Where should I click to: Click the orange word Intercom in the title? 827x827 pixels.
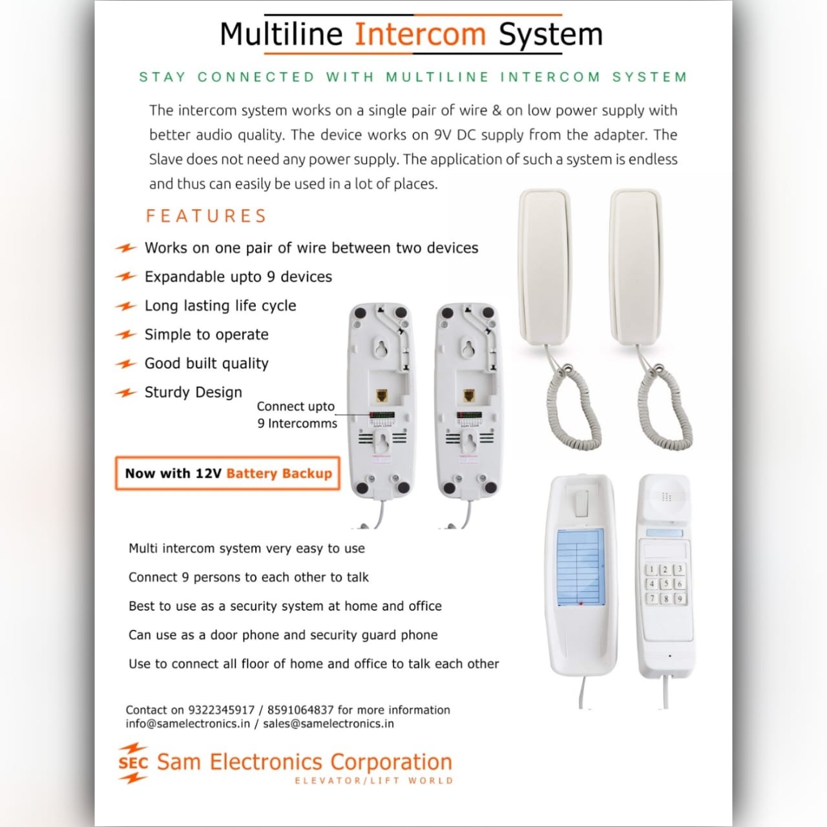(x=420, y=34)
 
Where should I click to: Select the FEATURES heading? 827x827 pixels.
(x=207, y=216)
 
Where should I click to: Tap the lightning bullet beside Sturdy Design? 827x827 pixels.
(x=126, y=392)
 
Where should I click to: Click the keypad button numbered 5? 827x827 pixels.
(x=665, y=583)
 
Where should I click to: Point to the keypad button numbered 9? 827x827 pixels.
(x=680, y=598)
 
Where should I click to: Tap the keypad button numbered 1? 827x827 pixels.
(x=651, y=569)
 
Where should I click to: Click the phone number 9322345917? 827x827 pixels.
(x=222, y=710)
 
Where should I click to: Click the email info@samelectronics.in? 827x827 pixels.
(x=187, y=724)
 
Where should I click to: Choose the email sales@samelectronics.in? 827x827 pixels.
(x=328, y=724)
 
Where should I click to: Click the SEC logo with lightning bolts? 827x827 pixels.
(x=133, y=763)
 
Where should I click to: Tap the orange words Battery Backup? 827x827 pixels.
(x=279, y=474)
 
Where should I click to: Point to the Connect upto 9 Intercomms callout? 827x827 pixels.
(x=297, y=415)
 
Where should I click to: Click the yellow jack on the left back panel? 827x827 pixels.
(x=382, y=395)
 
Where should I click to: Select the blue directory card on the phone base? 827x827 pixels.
(x=580, y=567)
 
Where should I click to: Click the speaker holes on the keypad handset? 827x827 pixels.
(x=666, y=497)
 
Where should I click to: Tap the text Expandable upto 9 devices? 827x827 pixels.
(x=238, y=277)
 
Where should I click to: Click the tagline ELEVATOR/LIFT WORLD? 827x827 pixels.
(x=374, y=780)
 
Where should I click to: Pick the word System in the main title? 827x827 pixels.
(x=550, y=35)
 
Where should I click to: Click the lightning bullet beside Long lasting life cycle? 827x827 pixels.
(x=126, y=306)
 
